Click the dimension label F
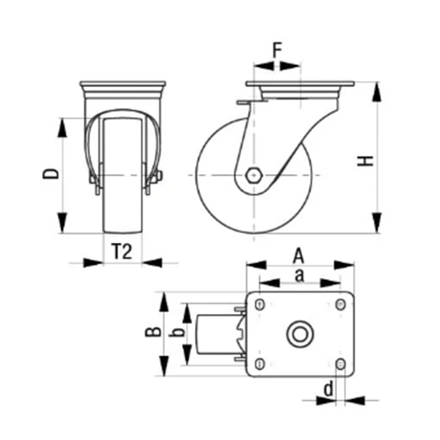coord(277,50)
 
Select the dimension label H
coord(365,161)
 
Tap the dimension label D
coord(51,173)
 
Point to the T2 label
coord(122,252)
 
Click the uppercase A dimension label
coord(298,256)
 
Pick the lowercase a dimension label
coord(299,275)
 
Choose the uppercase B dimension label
coord(153,332)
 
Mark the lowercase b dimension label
coord(178,332)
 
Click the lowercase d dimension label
coord(329,389)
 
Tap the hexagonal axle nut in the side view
coord(253,175)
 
